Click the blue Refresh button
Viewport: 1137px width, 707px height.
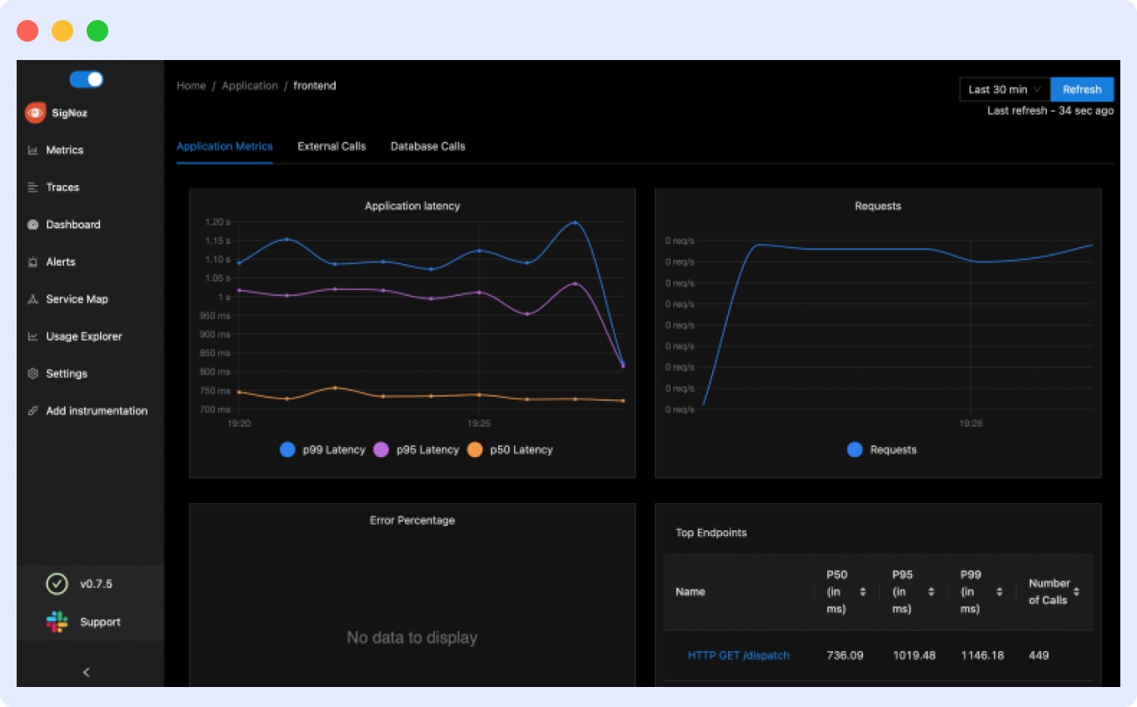click(x=1081, y=89)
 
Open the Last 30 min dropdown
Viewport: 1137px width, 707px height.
click(x=1005, y=89)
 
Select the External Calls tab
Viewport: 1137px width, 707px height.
click(x=332, y=146)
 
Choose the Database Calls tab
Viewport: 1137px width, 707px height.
click(x=427, y=146)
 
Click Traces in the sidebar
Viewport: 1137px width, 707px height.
click(x=62, y=188)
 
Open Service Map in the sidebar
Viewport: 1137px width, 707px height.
click(x=77, y=299)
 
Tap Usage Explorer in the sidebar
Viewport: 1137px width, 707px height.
click(x=83, y=337)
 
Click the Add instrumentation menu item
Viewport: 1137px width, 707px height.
click(x=96, y=411)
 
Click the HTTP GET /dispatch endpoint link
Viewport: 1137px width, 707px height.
click(x=738, y=655)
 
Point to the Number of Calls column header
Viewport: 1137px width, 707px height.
click(x=1049, y=591)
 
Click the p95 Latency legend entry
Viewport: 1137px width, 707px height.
click(x=416, y=449)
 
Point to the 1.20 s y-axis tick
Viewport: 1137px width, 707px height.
click(x=217, y=222)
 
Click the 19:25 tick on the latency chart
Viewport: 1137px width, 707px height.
click(x=479, y=424)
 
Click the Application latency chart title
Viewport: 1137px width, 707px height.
click(x=411, y=206)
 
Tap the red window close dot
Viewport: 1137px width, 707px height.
click(x=27, y=31)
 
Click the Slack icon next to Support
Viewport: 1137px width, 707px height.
click(x=57, y=622)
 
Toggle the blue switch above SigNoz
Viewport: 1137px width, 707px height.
click(x=86, y=79)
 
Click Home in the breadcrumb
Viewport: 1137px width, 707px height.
click(x=191, y=86)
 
